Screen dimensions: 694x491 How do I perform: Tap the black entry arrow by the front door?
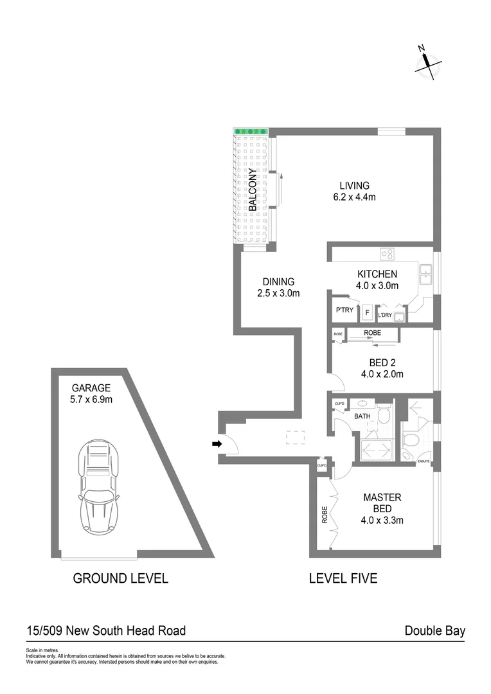pyautogui.click(x=217, y=443)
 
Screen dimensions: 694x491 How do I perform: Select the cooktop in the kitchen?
pyautogui.click(x=386, y=254)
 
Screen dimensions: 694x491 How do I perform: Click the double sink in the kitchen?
pyautogui.click(x=425, y=274)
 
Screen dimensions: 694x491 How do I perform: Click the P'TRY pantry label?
pyautogui.click(x=343, y=311)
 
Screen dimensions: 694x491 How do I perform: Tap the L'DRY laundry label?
pyautogui.click(x=385, y=315)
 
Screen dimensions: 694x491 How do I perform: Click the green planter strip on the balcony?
pyautogui.click(x=250, y=131)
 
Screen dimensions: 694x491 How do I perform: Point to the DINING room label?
pyautogui.click(x=278, y=281)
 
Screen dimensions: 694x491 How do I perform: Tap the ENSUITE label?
pyautogui.click(x=424, y=461)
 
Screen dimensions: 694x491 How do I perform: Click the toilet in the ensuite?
pyautogui.click(x=411, y=440)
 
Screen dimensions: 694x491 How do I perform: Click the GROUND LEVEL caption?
pyautogui.click(x=120, y=578)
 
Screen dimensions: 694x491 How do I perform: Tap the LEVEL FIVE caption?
pyautogui.click(x=343, y=578)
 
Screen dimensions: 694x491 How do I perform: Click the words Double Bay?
pyautogui.click(x=434, y=630)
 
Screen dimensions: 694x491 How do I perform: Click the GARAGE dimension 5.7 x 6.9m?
pyautogui.click(x=91, y=400)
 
